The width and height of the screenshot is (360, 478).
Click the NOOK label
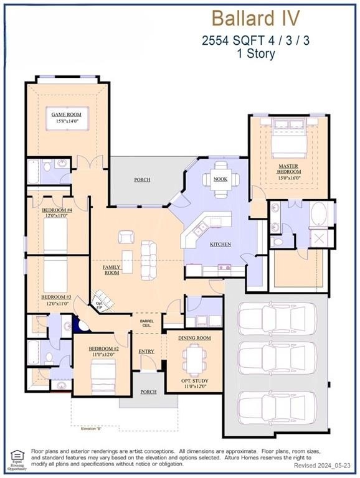(220, 179)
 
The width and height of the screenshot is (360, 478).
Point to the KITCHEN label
(220, 244)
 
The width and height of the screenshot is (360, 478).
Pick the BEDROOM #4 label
(57, 210)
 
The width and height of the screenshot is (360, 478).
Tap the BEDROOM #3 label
(56, 298)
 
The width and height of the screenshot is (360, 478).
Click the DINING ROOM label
(195, 337)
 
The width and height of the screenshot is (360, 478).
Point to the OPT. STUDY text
(195, 380)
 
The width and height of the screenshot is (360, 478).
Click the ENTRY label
(146, 352)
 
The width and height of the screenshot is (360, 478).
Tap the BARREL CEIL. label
(146, 322)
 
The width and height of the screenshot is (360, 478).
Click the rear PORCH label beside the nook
(142, 180)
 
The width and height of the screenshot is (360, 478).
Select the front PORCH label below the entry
(148, 391)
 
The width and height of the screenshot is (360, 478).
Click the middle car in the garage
(277, 357)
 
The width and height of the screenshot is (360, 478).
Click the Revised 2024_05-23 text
(324, 466)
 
